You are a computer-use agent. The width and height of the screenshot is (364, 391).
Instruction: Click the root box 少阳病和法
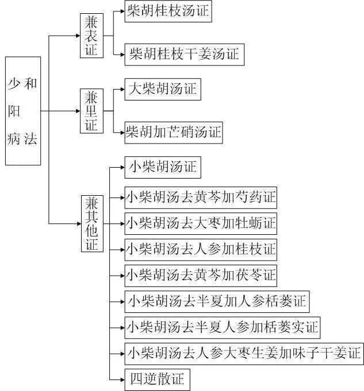click(23, 111)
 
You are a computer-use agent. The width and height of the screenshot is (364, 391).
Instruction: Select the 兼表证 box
click(91, 35)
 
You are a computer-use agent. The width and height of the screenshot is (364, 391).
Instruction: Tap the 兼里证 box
click(91, 111)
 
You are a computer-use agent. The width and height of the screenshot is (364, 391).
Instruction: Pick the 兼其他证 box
click(91, 223)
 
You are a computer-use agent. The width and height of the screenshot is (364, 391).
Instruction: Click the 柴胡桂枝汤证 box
click(168, 11)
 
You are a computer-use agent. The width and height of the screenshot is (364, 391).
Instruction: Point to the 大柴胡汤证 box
click(163, 89)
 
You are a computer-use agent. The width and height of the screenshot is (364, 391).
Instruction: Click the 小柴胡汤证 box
click(163, 167)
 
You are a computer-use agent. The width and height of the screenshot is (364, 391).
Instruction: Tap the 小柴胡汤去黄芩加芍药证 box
click(201, 198)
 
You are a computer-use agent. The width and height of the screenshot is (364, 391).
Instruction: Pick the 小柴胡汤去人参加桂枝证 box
click(201, 249)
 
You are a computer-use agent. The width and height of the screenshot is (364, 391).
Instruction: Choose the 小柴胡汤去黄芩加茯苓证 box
click(201, 275)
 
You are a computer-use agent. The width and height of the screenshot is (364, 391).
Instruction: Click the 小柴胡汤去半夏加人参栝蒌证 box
click(216, 301)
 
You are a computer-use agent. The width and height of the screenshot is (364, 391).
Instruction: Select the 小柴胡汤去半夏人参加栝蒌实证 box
click(222, 327)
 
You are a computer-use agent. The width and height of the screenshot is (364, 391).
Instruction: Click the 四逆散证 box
click(157, 379)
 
